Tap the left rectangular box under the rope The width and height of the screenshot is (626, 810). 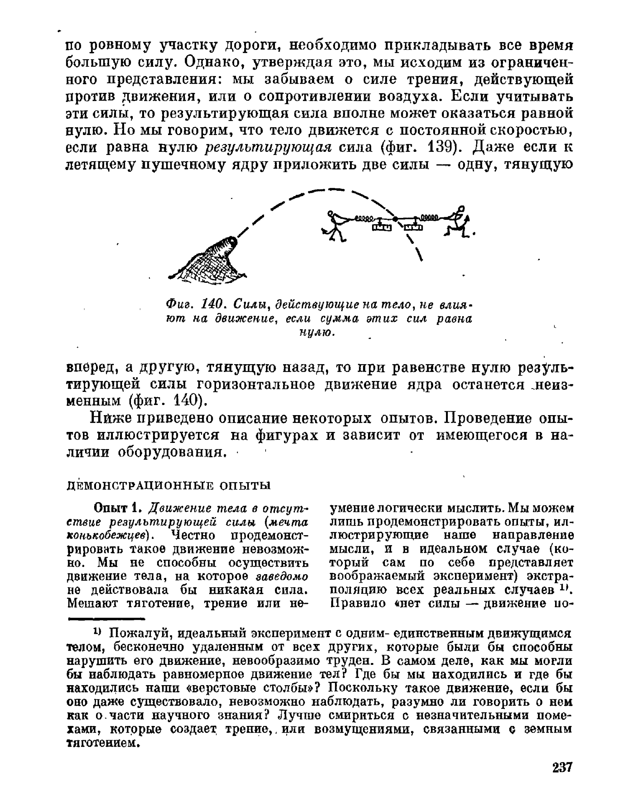pos(381,227)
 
